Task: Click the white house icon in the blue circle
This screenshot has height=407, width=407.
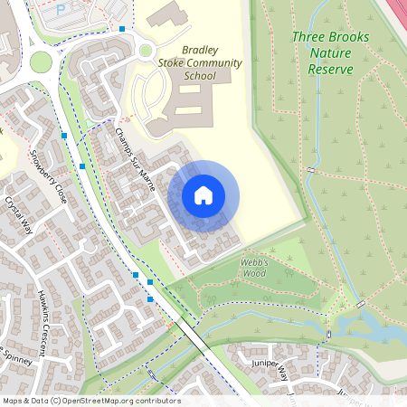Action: coord(203,195)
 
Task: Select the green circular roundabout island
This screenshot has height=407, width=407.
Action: coord(41,62)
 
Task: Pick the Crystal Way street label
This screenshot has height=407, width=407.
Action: coord(19,215)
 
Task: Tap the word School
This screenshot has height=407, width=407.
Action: coord(199,77)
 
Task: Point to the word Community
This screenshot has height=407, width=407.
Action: coord(214,63)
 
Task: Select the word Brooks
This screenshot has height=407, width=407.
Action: coord(347,37)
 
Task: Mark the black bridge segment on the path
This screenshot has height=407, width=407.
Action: coord(192,332)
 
